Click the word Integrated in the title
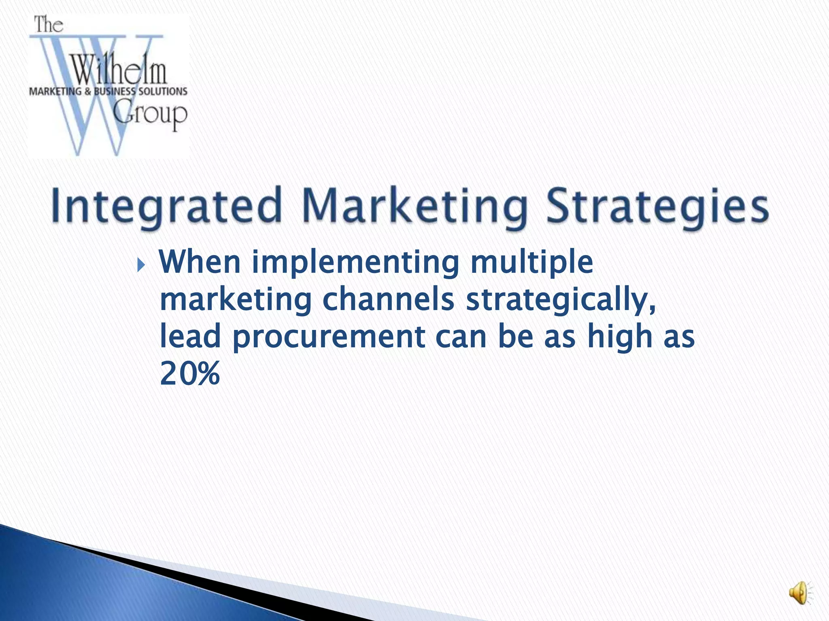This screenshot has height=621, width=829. [x=166, y=206]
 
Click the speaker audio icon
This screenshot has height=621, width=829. [x=800, y=594]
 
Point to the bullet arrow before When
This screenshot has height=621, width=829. [x=140, y=266]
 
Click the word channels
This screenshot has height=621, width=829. [x=389, y=300]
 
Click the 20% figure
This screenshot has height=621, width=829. [x=190, y=374]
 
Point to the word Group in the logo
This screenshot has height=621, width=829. [x=150, y=114]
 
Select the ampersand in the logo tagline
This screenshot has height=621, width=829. [x=88, y=91]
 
